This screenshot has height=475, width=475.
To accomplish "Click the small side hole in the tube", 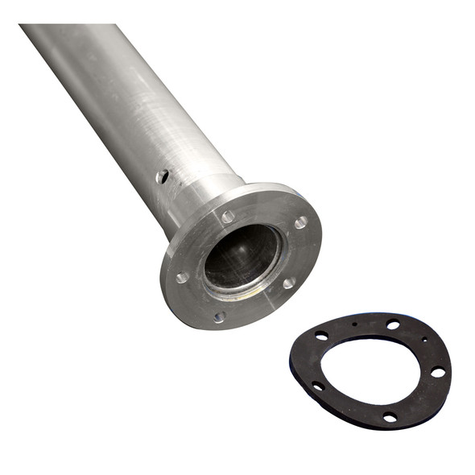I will (x=163, y=176).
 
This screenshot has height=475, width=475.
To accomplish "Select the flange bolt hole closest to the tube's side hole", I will (x=228, y=217).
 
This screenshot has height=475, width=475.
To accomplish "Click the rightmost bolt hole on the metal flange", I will (x=300, y=222).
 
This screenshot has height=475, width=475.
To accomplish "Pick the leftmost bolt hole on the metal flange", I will (x=183, y=277).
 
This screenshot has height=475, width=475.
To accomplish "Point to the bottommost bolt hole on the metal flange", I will (x=219, y=317).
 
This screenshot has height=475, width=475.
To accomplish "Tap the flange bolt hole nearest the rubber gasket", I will (x=288, y=283).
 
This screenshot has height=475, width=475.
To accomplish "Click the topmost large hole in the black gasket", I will (x=393, y=324).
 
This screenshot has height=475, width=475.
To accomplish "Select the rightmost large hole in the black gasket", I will (x=437, y=372).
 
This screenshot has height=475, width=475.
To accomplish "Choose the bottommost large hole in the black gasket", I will (x=390, y=417).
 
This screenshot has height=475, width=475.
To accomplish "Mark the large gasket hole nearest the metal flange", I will (x=321, y=336).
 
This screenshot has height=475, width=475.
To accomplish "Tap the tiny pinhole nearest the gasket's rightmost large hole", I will (x=424, y=341).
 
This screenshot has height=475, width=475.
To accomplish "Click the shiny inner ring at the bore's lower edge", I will (x=242, y=288).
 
